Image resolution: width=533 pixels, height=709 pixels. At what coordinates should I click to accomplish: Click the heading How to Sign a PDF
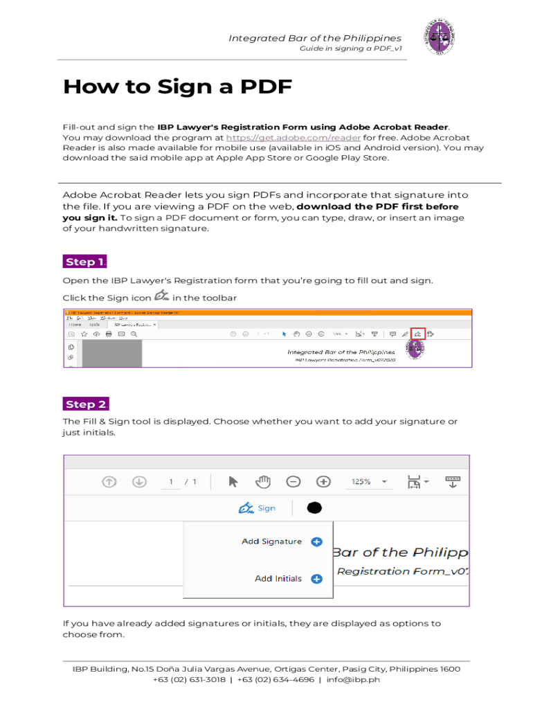(x=177, y=87)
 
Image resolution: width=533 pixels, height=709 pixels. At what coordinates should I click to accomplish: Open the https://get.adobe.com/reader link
(x=293, y=137)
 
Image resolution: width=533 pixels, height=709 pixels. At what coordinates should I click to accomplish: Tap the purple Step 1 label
(x=85, y=262)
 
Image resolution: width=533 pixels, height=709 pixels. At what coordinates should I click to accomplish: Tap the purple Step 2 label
(x=85, y=404)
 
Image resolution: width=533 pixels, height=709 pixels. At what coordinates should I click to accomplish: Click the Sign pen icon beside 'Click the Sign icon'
(x=162, y=296)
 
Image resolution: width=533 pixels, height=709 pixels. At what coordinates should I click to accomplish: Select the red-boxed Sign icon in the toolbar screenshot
(x=417, y=334)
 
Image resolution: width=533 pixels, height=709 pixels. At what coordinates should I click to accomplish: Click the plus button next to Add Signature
(x=316, y=541)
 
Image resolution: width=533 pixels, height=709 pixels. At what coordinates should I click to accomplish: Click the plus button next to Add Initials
(x=316, y=579)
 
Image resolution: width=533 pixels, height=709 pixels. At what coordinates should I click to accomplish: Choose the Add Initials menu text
(x=278, y=579)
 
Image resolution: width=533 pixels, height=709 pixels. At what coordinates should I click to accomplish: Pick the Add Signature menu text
(x=271, y=541)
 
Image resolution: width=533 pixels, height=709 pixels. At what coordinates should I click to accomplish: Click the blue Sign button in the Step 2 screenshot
(x=257, y=508)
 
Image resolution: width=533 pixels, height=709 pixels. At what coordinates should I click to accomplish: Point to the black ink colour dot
(x=314, y=508)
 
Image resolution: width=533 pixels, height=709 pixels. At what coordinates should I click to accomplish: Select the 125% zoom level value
(x=361, y=482)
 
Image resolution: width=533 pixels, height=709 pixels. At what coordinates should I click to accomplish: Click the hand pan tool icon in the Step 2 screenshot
(x=263, y=481)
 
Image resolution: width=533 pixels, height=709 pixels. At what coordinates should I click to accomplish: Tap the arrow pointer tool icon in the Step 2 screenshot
(x=233, y=481)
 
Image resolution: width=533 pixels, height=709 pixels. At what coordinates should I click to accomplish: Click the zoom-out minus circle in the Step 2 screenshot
(x=293, y=481)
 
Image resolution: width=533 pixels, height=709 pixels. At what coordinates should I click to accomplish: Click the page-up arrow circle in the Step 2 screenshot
(x=109, y=482)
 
